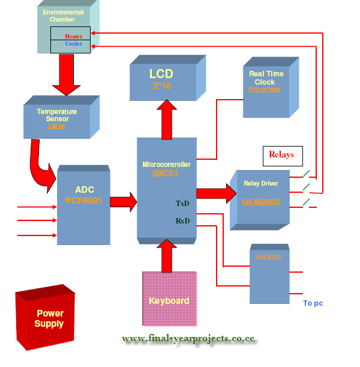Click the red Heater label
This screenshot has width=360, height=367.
tap(74, 36)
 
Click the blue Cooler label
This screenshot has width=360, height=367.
tap(73, 44)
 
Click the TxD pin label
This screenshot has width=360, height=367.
tap(182, 204)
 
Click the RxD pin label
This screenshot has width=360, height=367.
tap(182, 220)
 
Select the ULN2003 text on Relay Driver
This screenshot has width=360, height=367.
tap(262, 202)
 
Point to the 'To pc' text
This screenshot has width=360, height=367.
tap(313, 303)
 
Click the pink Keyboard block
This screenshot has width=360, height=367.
tap(169, 299)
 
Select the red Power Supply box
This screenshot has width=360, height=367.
tap(49, 318)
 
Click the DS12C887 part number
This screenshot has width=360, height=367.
tap(265, 90)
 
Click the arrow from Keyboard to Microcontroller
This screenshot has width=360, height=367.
tap(167, 255)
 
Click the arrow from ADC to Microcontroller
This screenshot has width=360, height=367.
tap(123, 201)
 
